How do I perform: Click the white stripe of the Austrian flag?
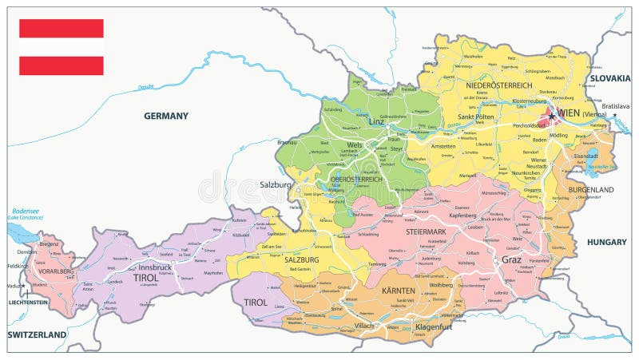coord(62,47)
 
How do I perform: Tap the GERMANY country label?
coord(166,116)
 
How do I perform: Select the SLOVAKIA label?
coord(609,78)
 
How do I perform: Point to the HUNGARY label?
coord(607,241)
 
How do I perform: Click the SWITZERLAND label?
coord(37,334)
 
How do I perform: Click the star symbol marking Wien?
coord(551,116)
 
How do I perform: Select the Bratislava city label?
coord(616,106)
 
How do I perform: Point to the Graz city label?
coord(511,259)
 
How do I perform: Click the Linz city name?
coord(377,121)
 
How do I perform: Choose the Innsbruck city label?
coord(150,267)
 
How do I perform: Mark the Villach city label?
coord(364,326)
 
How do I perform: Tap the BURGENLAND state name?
coord(591,190)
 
